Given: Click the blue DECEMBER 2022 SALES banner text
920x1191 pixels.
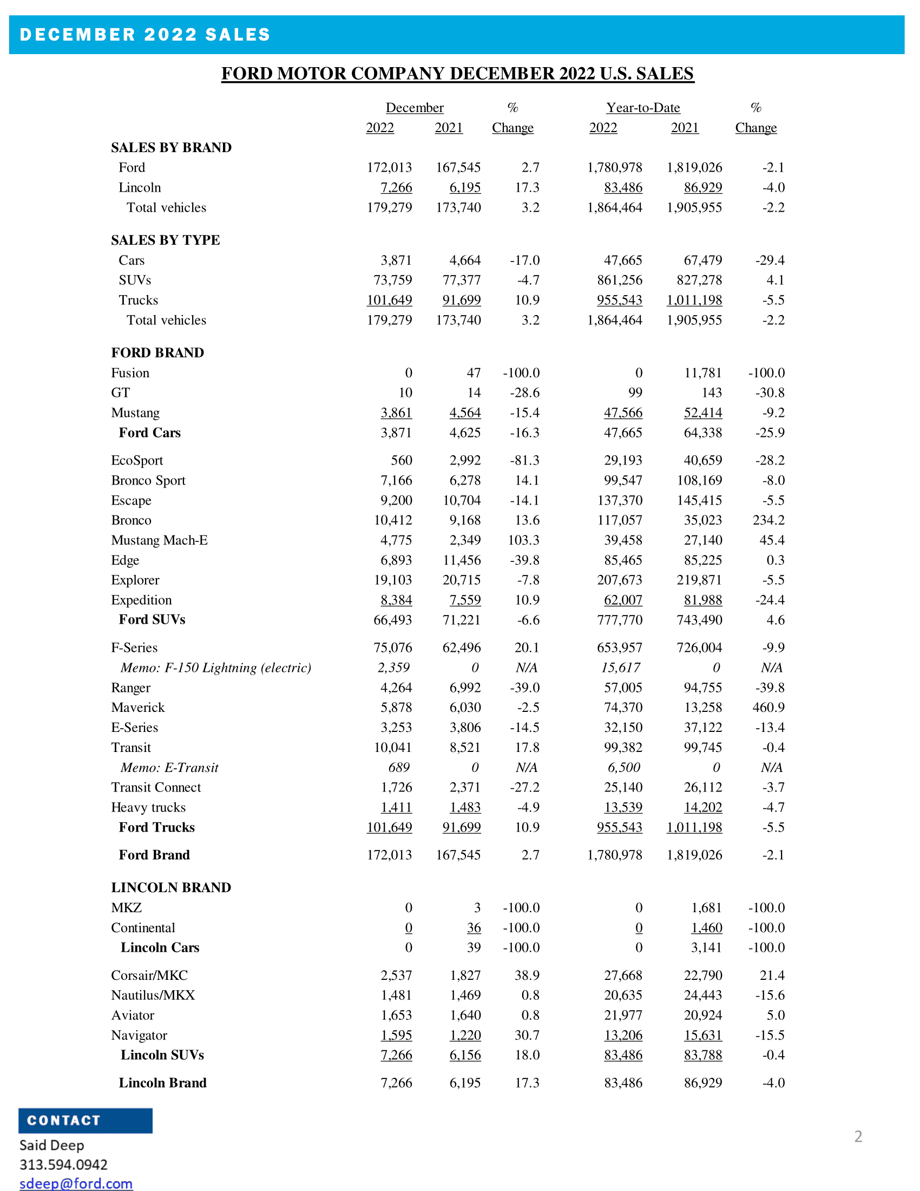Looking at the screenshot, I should coord(145,34).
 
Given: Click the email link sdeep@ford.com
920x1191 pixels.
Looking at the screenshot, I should coord(76,1183).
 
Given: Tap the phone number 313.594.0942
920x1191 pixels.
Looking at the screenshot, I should coord(63,1165).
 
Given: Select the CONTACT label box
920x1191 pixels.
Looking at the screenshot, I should coord(85,1121).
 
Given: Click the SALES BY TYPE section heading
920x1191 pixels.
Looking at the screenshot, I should coord(165,240).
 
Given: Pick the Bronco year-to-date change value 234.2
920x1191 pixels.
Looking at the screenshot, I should coord(768,520).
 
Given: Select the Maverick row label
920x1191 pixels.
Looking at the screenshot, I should coord(137,708).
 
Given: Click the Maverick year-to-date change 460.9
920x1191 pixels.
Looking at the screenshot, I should coord(768,708).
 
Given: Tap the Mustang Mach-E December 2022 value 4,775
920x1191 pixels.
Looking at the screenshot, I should coord(396,540).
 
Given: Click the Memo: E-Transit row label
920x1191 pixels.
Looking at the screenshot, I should coord(169,767).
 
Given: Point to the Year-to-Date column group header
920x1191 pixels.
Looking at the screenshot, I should coord(643,107).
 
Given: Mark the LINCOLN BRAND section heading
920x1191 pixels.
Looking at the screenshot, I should coord(170,887).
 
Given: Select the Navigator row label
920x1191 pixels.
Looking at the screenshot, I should coord(139,1035).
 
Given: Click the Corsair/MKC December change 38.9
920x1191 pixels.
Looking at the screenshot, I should coord(527,975).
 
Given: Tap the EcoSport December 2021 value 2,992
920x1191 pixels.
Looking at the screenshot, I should coord(465,460).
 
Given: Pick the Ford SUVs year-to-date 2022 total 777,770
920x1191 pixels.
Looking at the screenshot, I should coord(620,620).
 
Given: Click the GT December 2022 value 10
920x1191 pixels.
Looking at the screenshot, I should coord(405,392).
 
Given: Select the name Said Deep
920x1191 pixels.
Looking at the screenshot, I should coord(52,1145).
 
